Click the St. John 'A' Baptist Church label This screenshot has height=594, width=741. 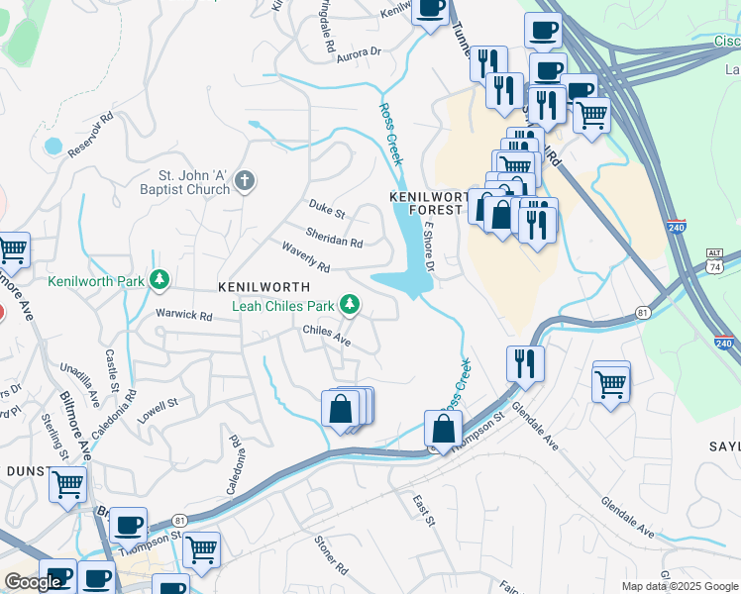pos(185,187)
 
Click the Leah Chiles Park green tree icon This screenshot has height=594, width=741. pos(349,305)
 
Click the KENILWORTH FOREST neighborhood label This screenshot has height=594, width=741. pos(428,203)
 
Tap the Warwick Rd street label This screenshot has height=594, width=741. pos(184,317)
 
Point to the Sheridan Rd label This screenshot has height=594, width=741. pos(334,238)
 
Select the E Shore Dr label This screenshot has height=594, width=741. pos(430,247)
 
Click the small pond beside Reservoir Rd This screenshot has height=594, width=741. pos(53,147)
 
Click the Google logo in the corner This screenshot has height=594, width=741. pos(33,582)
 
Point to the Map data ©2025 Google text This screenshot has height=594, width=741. pos(679,586)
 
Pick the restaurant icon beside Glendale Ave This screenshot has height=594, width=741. pos(525,363)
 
